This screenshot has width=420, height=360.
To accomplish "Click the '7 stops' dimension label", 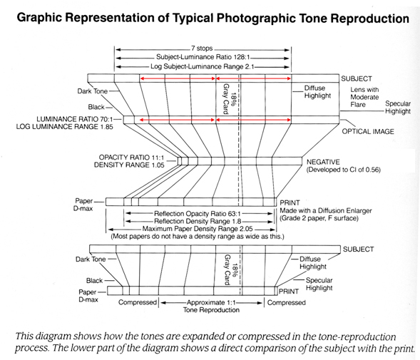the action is point(202,48).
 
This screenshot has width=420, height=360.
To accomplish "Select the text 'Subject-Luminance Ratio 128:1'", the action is point(203,57).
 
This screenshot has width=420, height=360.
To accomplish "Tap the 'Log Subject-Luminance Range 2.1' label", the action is point(202,66).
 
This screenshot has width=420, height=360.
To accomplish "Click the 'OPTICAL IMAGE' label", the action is point(368,131).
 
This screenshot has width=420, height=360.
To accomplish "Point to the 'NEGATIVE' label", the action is point(323,162).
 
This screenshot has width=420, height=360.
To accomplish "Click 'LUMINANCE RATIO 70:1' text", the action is point(75,119).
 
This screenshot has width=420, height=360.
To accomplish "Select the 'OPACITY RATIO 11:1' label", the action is point(131,158).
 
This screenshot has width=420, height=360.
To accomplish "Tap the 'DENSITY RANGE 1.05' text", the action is point(129,165).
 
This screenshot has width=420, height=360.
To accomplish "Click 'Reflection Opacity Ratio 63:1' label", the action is point(198,214).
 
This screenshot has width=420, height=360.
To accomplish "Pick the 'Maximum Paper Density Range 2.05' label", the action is point(198,229).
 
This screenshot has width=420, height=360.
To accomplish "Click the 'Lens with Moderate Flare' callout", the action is point(364,97).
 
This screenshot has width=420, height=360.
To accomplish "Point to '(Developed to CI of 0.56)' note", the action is point(344,170).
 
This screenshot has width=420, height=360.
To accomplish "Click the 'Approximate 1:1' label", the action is point(211,302).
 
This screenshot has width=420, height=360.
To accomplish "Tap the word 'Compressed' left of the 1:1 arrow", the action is point(138,302).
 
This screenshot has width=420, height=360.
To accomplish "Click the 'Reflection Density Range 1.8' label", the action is point(198,221).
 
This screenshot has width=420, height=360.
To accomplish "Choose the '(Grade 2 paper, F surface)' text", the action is point(319,218).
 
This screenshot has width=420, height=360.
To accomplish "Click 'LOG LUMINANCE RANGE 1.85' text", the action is point(65,127).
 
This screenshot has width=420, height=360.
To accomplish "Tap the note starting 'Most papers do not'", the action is point(198,237).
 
